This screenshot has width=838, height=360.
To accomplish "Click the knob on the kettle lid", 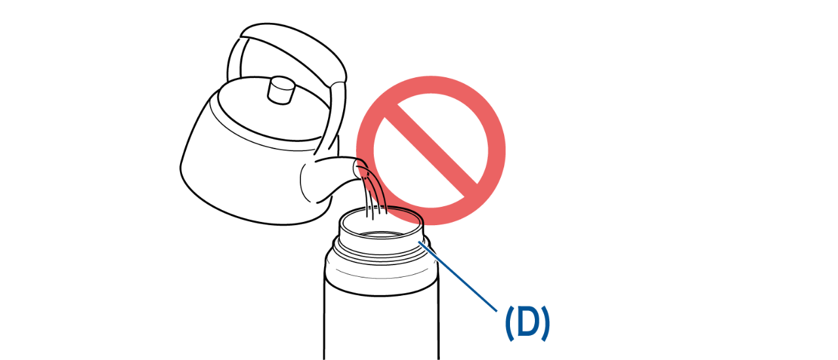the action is [x=282, y=90].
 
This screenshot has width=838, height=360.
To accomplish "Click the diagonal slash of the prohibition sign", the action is [x=431, y=151].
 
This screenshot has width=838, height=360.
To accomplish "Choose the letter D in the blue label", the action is [x=528, y=323].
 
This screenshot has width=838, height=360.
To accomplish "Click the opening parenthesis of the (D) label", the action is [x=509, y=323].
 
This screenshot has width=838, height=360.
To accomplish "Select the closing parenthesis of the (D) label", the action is [x=546, y=323].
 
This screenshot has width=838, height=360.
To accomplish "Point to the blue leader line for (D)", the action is [x=458, y=277].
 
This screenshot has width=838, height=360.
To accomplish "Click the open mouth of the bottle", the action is [x=381, y=220].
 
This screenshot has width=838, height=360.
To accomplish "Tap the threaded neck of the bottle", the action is [x=382, y=249].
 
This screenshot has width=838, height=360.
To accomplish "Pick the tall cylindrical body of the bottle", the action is [x=381, y=322].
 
